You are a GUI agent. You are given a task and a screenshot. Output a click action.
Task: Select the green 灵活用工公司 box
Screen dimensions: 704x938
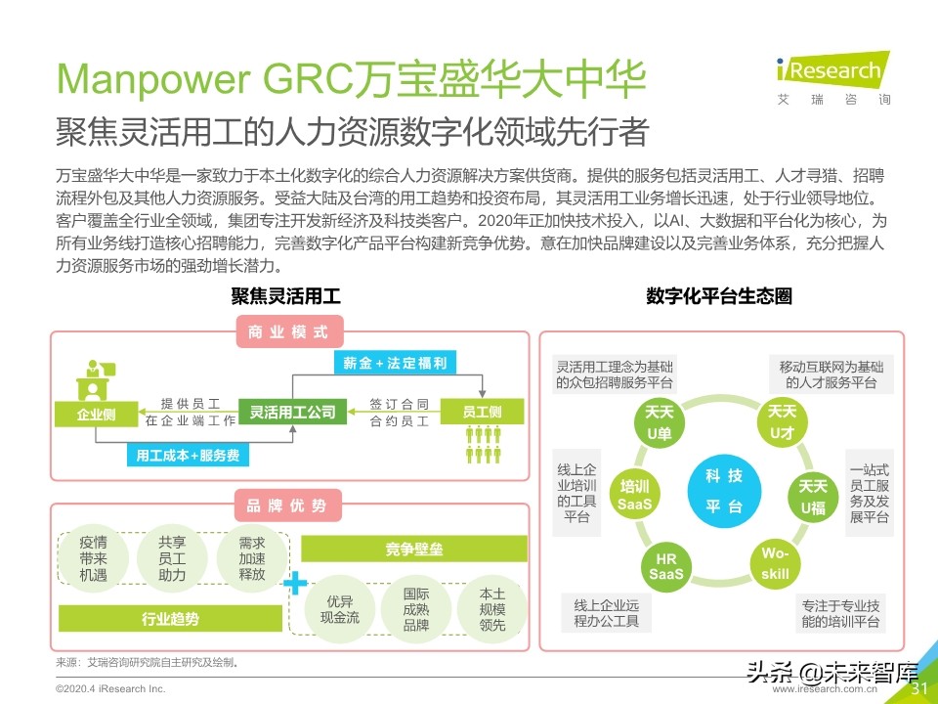tap(292, 412)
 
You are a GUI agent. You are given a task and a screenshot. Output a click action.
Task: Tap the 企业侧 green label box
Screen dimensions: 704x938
tap(96, 414)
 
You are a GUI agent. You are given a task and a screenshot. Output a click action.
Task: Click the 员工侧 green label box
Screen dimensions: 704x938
tap(482, 412)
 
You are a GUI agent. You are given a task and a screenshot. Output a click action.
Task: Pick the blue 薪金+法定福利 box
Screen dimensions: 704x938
tap(395, 363)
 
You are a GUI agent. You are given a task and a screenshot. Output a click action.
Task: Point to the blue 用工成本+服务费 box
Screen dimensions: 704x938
tap(188, 455)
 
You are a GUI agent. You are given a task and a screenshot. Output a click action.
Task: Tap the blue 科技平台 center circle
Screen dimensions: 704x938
tap(723, 491)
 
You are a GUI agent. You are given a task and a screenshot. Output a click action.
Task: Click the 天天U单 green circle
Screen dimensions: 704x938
tap(661, 421)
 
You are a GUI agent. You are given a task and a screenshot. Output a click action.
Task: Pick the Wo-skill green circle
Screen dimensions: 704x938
tap(776, 563)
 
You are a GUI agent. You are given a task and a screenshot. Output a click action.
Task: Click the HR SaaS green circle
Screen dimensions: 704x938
tap(668, 564)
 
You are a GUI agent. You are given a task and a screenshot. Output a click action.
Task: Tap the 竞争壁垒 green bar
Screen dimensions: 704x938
tap(413, 549)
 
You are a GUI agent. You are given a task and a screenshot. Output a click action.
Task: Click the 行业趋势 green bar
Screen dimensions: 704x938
tap(170, 618)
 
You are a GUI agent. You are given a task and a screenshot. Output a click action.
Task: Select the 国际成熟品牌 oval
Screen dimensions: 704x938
tap(416, 608)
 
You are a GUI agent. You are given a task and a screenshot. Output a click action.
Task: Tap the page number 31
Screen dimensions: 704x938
tap(918, 688)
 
